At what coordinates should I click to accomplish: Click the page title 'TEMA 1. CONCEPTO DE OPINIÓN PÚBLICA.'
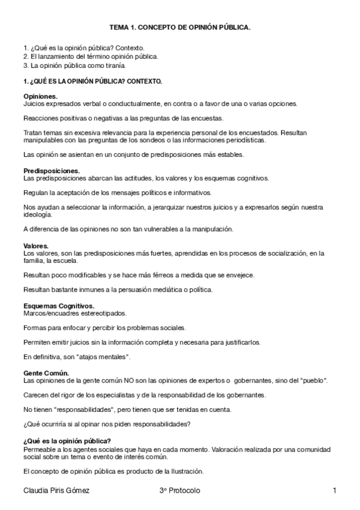pyautogui.click(x=180, y=28)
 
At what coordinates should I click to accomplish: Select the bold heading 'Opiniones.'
pyautogui.click(x=40, y=96)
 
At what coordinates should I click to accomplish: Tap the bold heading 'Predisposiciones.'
pyautogui.click(x=51, y=171)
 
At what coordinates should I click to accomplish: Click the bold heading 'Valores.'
pyautogui.click(x=35, y=245)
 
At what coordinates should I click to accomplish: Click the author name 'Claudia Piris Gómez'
pyautogui.click(x=56, y=491)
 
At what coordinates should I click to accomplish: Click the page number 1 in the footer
pyautogui.click(x=334, y=491)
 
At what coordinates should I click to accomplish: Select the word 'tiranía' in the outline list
pyautogui.click(x=114, y=65)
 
